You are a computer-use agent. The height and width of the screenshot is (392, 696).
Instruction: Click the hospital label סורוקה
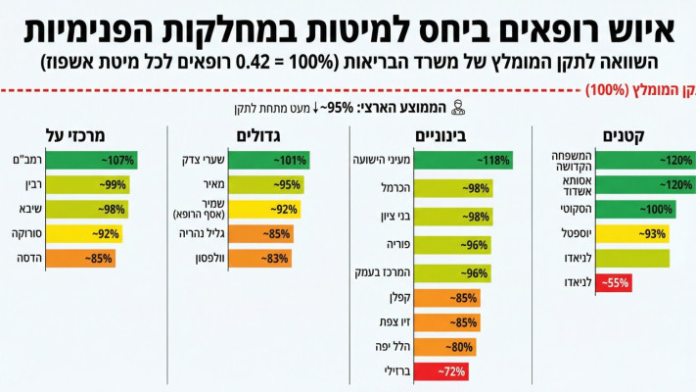tap(28, 233)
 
